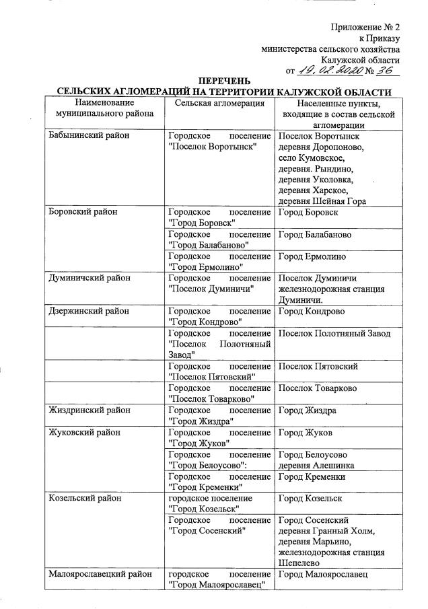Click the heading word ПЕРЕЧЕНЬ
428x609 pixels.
[223, 81]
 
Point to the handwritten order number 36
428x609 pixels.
[388, 69]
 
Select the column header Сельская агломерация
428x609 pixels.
[219, 103]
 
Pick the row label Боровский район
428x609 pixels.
[83, 212]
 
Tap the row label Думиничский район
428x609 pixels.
[87, 277]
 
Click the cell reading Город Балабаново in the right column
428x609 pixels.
[314, 235]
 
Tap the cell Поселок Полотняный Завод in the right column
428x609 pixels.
[334, 334]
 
